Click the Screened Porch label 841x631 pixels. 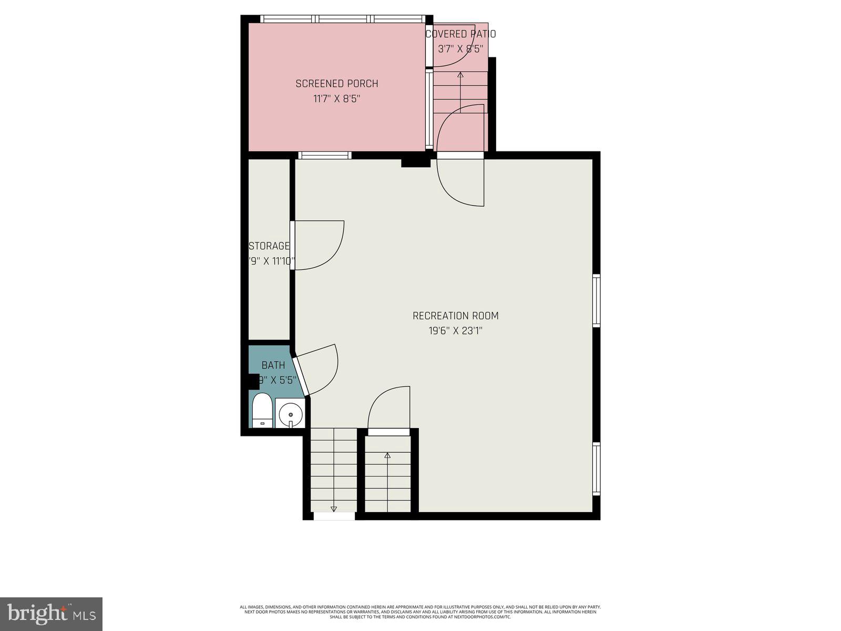(336, 84)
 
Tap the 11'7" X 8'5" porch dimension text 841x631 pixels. (336, 98)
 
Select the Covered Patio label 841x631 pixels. (460, 34)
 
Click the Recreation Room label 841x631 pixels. (455, 315)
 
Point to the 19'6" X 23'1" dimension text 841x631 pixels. (455, 331)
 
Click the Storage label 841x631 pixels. (269, 246)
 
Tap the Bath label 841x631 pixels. (273, 365)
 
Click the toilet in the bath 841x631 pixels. (262, 411)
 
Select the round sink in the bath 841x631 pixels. (290, 414)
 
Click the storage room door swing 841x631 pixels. (318, 245)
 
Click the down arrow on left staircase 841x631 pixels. (333, 508)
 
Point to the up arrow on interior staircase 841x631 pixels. (388, 455)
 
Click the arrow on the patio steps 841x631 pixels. (460, 76)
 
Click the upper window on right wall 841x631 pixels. (597, 300)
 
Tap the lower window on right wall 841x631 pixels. (597, 469)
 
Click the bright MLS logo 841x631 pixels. (52, 614)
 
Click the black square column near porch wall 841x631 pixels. (416, 163)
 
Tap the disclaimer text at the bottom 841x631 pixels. (420, 612)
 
